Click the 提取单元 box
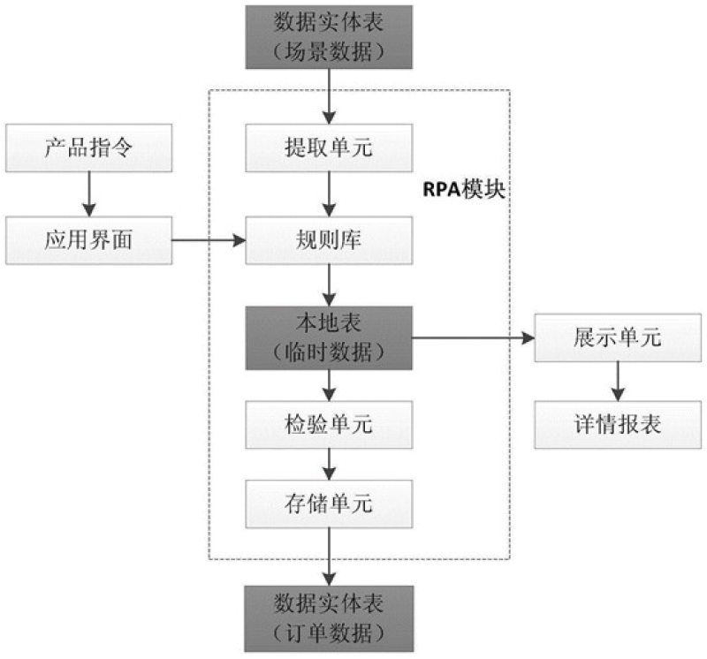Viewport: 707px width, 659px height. tap(329, 148)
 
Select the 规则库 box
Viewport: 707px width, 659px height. tap(329, 240)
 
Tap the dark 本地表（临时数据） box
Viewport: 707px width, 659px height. tap(329, 338)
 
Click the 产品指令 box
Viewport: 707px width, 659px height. tap(87, 148)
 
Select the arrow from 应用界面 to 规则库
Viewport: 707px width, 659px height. tap(208, 240)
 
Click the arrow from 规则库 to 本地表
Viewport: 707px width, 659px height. tap(329, 285)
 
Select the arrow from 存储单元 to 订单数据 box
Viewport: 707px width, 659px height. tap(329, 557)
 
